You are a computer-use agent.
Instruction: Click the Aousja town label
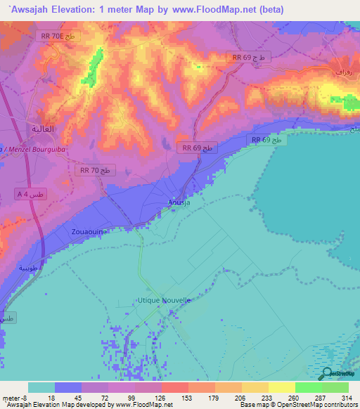click(x=179, y=202)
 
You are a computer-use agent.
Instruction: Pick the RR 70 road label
click(x=94, y=170)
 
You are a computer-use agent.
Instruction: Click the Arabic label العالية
click(x=42, y=129)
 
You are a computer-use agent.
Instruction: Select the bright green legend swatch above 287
click(x=308, y=387)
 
